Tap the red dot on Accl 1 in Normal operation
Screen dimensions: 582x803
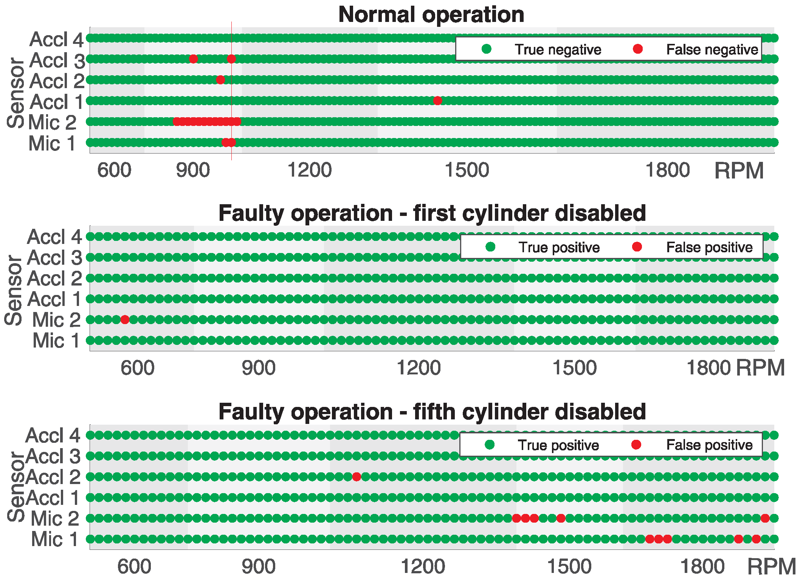437,101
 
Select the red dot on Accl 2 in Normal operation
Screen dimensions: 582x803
220,80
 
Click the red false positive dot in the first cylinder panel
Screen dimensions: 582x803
125,320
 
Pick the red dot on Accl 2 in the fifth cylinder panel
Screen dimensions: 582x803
356,476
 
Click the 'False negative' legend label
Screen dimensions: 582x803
712,50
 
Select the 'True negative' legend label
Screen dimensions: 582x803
558,50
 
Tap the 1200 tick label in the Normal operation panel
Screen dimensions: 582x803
309,170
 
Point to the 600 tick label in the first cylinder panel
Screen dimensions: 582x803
137,368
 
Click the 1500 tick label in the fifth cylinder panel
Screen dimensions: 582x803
569,566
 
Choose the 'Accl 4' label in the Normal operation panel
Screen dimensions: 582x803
56,39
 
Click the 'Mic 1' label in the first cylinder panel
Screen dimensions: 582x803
56,340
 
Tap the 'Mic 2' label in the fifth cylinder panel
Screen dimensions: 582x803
55,518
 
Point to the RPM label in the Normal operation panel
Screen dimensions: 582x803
739,171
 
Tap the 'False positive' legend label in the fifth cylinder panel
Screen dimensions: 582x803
709,445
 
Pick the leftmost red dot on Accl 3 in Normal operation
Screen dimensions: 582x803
193,59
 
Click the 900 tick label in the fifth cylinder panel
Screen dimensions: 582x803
259,566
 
